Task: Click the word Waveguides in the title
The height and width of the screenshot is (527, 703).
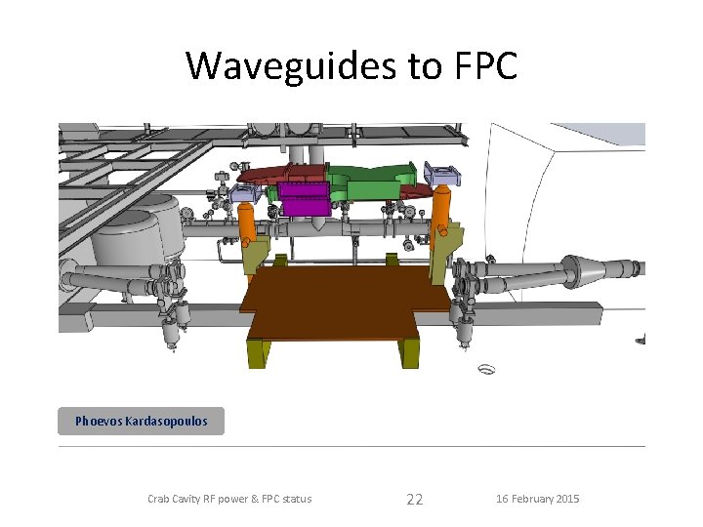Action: click(x=291, y=66)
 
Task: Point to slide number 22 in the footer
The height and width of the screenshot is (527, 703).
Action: click(x=415, y=500)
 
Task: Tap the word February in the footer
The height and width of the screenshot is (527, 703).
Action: click(x=532, y=499)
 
